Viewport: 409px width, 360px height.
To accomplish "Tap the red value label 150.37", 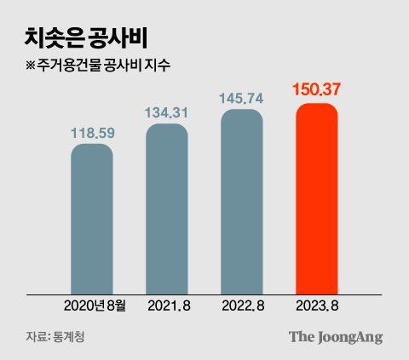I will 317,89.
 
